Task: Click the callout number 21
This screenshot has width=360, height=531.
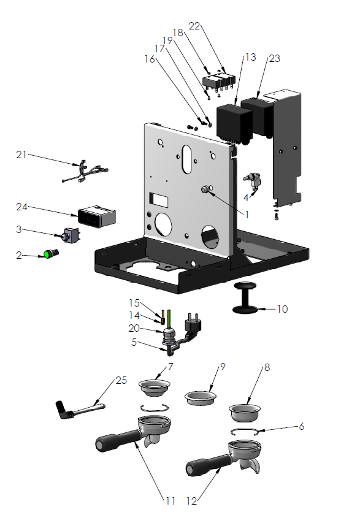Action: (21, 155)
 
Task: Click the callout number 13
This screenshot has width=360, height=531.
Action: (250, 57)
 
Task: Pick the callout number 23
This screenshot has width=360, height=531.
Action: (274, 58)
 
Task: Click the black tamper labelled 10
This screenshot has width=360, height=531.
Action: (245, 299)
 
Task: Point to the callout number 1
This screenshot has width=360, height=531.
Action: (247, 215)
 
